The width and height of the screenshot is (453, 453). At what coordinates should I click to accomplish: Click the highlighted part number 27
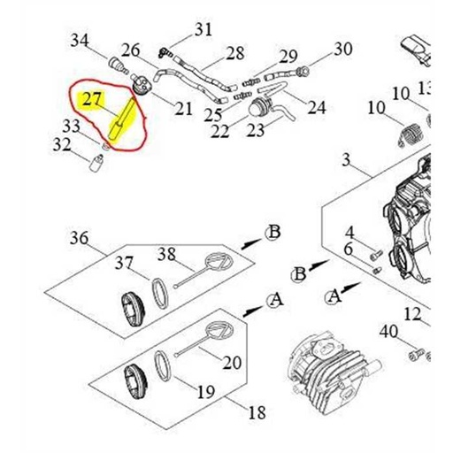click(92, 99)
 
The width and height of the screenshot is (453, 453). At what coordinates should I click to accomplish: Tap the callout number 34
click(80, 40)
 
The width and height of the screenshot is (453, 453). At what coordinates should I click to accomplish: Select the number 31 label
click(203, 29)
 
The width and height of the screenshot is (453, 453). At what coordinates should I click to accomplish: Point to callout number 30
click(343, 49)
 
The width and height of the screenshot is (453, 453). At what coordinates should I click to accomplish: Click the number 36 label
click(79, 238)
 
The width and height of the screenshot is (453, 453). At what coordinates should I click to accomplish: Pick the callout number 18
click(257, 412)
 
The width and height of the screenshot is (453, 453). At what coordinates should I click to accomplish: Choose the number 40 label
click(388, 332)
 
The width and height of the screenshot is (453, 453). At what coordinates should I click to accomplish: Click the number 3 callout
click(346, 160)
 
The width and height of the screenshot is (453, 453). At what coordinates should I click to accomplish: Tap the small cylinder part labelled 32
click(96, 164)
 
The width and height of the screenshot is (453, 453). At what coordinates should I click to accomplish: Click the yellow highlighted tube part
click(122, 119)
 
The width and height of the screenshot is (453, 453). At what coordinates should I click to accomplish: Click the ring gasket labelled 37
click(160, 294)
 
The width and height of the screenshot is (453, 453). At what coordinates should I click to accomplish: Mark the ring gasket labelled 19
click(163, 365)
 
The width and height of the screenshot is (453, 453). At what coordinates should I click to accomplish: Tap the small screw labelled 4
click(376, 255)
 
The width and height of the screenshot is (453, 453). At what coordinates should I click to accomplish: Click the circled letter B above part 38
click(273, 233)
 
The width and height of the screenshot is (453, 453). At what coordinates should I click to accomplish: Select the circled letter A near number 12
click(334, 296)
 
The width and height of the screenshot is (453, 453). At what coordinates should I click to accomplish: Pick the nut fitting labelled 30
click(302, 71)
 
